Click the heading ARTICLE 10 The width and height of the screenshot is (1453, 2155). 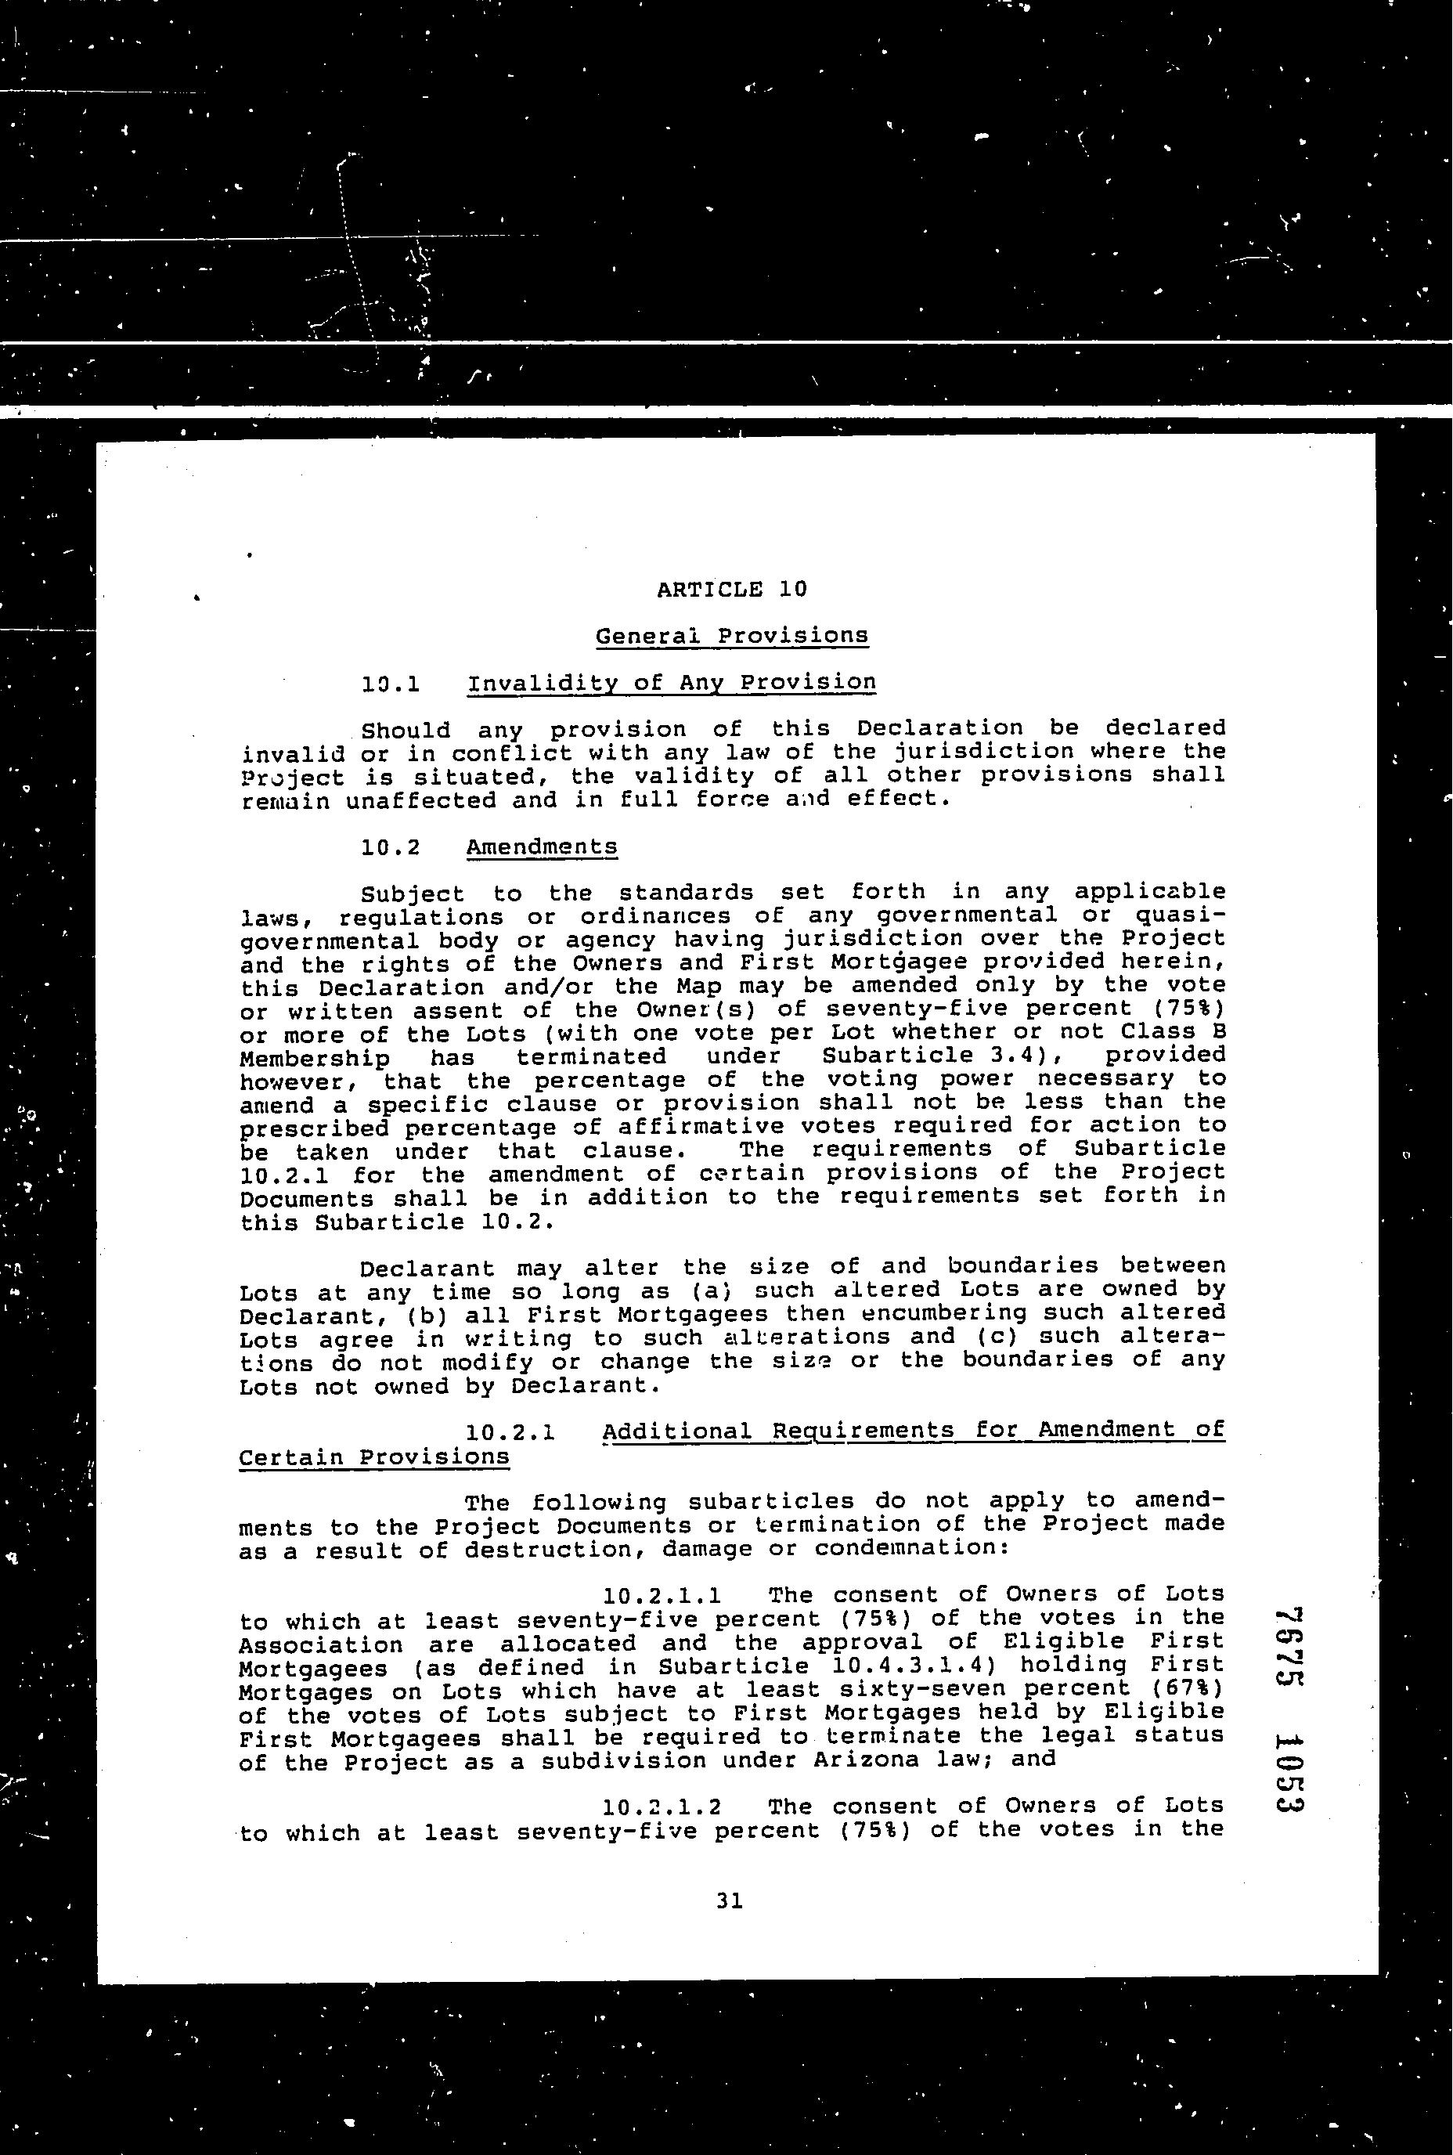731,589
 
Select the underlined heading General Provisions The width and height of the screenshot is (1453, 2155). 731,636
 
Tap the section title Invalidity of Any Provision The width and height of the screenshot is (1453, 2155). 671,683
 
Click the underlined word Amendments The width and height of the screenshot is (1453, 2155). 541,847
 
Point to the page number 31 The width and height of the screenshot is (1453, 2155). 730,1901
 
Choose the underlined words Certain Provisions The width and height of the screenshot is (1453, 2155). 373,1457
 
